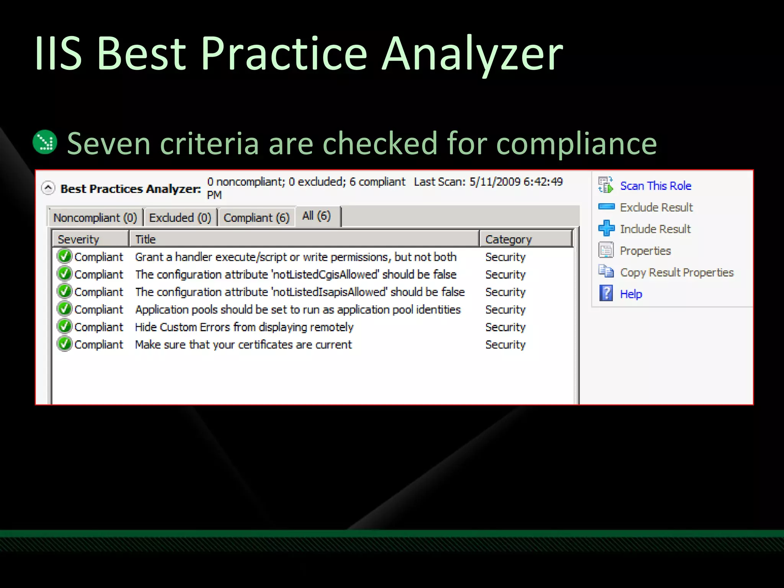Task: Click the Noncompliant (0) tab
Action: click(95, 217)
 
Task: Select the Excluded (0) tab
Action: click(180, 217)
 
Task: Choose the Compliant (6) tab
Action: click(256, 217)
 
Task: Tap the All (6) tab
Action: click(316, 216)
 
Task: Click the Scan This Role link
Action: click(655, 186)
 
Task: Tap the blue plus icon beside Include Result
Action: click(606, 229)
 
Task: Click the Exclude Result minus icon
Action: click(606, 207)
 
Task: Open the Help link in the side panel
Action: click(631, 294)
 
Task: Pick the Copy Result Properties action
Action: click(676, 273)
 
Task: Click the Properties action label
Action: click(645, 251)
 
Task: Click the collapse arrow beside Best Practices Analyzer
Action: click(48, 188)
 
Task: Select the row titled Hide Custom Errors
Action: click(244, 327)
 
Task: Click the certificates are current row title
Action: click(243, 345)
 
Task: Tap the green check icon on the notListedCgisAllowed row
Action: click(64, 274)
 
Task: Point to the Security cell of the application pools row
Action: click(505, 310)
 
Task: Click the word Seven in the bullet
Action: click(109, 144)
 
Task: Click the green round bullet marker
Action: click(45, 142)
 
